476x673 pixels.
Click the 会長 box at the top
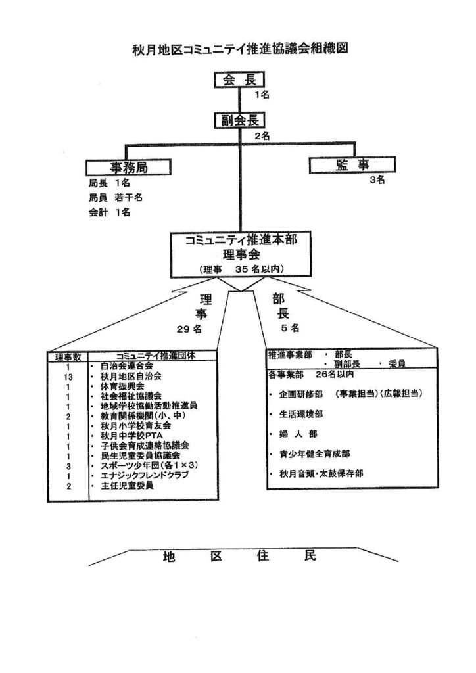click(239, 80)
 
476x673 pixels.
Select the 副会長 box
click(239, 120)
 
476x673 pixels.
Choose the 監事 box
click(352, 165)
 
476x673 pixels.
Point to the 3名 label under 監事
click(377, 180)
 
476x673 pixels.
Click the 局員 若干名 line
click(116, 197)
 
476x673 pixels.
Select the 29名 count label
click(189, 329)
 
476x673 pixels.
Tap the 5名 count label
click(291, 329)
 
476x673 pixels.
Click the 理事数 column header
click(68, 357)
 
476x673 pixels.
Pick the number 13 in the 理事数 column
click(68, 377)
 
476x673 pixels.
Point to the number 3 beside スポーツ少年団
click(68, 466)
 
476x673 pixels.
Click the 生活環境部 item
click(301, 414)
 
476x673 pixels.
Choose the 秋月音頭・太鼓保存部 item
click(321, 473)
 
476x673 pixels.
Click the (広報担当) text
click(401, 394)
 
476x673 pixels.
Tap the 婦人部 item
click(298, 434)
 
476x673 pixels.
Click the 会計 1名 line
click(109, 212)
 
